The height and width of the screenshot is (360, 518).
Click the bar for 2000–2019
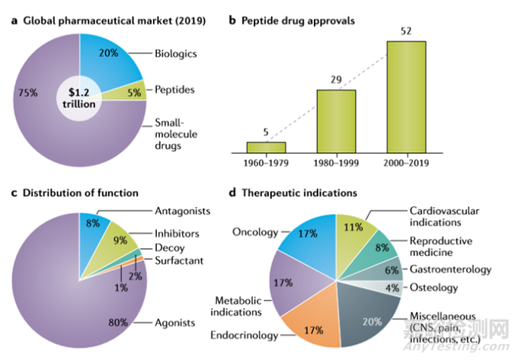pyautogui.click(x=405, y=97)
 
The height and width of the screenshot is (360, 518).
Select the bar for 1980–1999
pyautogui.click(x=336, y=121)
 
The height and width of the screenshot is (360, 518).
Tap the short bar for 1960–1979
pyautogui.click(x=266, y=147)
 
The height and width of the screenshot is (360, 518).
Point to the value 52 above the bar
pyautogui.click(x=405, y=31)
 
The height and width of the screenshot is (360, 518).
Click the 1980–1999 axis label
pyautogui.click(x=336, y=163)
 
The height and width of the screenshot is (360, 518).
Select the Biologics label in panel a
pyautogui.click(x=177, y=54)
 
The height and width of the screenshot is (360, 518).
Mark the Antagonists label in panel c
pyautogui.click(x=183, y=210)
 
